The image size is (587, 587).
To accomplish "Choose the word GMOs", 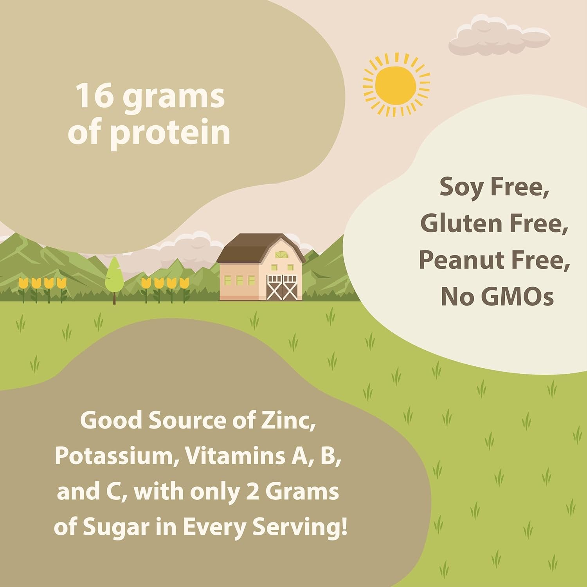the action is (517, 297).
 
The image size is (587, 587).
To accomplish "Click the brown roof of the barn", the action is (261, 248).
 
